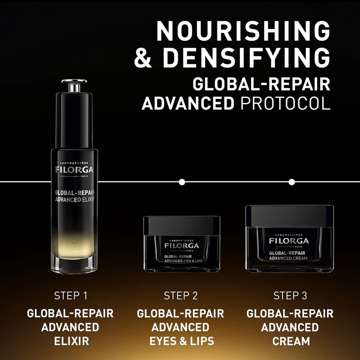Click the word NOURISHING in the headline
pos(243,31)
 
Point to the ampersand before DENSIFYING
pos(143,58)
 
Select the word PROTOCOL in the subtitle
pos(285,103)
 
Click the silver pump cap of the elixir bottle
pos(74,85)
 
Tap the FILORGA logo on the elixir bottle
pos(74,170)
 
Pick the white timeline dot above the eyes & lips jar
pos(182,182)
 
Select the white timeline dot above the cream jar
pos(292,182)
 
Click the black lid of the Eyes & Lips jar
pos(182,225)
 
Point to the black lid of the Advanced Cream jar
pos(289,216)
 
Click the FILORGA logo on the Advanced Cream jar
pos(289,241)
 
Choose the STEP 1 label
pos(71,296)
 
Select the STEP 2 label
pos(181,296)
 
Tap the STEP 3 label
pos(290,296)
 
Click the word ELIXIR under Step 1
pos(72,341)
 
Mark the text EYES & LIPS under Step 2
pos(182,341)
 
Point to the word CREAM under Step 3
pos(291,341)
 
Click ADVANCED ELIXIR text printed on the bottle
pos(75,199)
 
